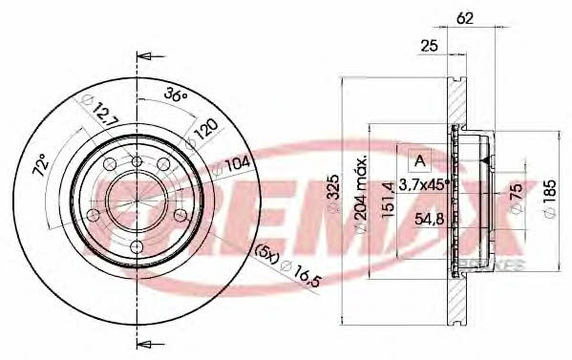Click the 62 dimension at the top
(x=465, y=18)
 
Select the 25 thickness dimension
(x=429, y=46)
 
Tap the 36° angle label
(x=176, y=95)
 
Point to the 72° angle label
(x=41, y=165)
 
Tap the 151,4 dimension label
(x=388, y=200)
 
